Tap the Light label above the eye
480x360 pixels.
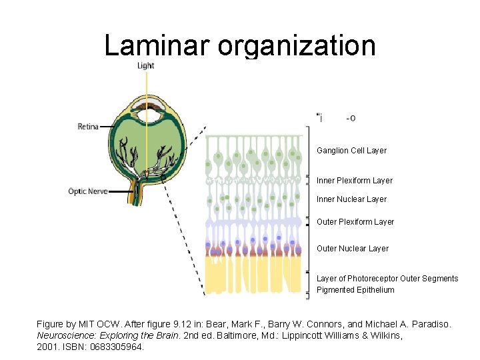(x=146, y=65)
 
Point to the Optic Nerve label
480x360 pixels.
(x=88, y=191)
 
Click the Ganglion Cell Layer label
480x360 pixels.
(x=351, y=151)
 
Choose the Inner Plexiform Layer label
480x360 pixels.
(x=355, y=181)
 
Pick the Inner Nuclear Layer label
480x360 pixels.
(x=351, y=199)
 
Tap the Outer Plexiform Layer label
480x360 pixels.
(x=355, y=222)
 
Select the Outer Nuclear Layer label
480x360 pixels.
(x=352, y=249)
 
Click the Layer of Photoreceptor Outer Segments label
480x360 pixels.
(x=387, y=279)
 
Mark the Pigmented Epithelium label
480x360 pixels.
(x=355, y=290)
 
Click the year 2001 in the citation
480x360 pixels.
(x=47, y=347)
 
